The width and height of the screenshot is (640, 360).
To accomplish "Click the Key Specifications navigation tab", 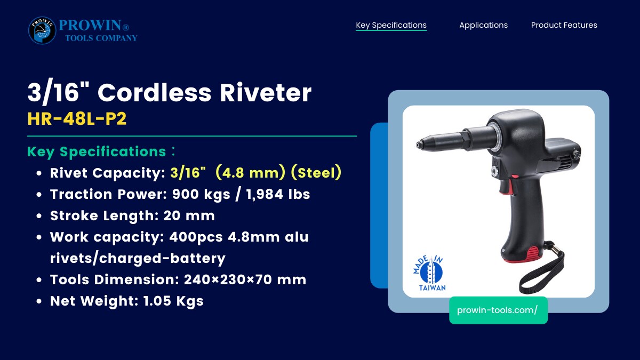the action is pos(391,25).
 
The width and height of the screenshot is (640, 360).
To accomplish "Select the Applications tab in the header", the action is pos(483,25).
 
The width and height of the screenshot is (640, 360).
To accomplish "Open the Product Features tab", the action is pos(564,25).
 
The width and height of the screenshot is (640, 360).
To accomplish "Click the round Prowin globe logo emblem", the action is pos(42,30).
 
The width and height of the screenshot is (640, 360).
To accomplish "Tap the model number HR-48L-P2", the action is pos(77,118).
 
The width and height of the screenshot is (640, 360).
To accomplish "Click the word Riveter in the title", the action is pos(266,93).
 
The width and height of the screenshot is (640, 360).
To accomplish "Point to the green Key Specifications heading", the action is pos(97,151).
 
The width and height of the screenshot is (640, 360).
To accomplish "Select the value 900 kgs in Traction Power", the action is pos(201,194).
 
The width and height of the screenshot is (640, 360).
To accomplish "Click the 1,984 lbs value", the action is pos(278,194).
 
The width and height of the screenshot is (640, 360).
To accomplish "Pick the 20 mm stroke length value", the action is pos(189,215).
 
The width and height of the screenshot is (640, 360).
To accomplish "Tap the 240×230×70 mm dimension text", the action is pos(245,279).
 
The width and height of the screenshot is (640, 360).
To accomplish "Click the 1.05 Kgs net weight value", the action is pos(173,301).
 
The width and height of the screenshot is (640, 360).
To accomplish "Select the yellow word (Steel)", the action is pos(316,173).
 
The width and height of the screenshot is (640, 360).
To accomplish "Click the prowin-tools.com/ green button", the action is pos(498,310).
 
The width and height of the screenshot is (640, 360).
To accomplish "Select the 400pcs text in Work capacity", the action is pos(196,237).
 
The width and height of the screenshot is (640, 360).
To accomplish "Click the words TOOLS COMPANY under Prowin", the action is pos(101,38).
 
